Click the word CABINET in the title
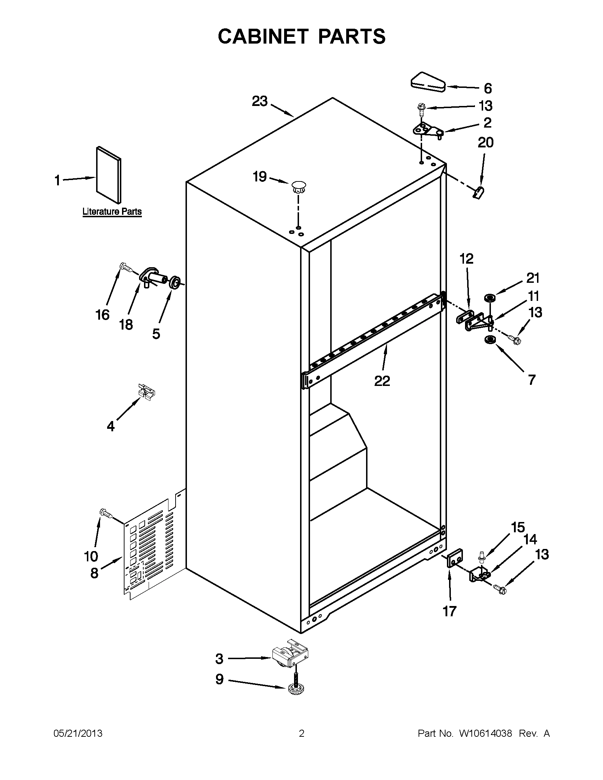(263, 36)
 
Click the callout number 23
(260, 101)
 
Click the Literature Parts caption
(112, 212)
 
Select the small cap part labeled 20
(478, 192)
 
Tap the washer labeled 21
(489, 297)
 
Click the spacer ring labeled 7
(489, 340)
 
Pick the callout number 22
(382, 381)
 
